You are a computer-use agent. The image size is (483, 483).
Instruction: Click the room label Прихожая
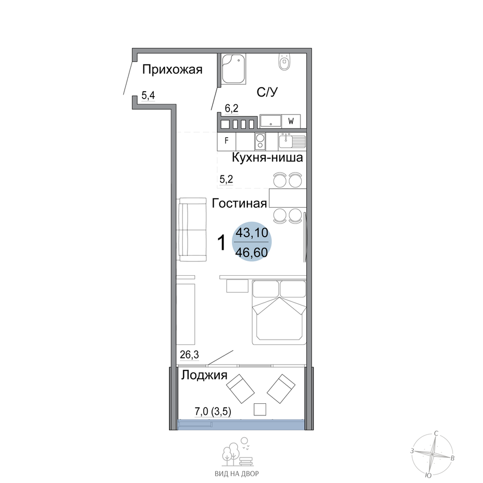pyautogui.click(x=172, y=70)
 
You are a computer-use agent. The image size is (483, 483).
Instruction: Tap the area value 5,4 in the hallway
pyautogui.click(x=148, y=96)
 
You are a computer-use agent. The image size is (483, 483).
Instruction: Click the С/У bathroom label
pyautogui.click(x=268, y=92)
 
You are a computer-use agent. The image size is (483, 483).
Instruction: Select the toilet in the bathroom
pyautogui.click(x=284, y=62)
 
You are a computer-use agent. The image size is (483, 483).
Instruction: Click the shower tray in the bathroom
pyautogui.click(x=233, y=69)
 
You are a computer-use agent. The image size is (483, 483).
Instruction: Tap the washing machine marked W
pyautogui.click(x=291, y=121)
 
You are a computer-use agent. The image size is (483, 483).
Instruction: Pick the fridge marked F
pyautogui.click(x=227, y=141)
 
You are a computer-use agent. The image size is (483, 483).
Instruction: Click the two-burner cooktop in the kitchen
pyautogui.click(x=260, y=141)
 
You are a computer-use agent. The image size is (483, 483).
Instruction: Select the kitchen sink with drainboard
pyautogui.click(x=292, y=142)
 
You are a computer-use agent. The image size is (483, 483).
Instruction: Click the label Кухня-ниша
pyautogui.click(x=267, y=158)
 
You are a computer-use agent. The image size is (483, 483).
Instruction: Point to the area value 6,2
pyautogui.click(x=231, y=108)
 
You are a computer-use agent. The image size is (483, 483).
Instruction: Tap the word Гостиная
pyautogui.click(x=239, y=203)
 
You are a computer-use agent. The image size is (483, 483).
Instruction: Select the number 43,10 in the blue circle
pyautogui.click(x=252, y=233)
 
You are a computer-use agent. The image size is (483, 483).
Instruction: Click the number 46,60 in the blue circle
pyautogui.click(x=251, y=253)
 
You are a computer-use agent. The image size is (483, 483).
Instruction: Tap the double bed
pyautogui.click(x=279, y=312)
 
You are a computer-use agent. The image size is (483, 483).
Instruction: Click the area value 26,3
pyautogui.click(x=189, y=355)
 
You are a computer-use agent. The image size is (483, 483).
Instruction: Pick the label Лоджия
pyautogui.click(x=204, y=375)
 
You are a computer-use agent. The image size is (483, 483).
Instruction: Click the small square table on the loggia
pyautogui.click(x=260, y=410)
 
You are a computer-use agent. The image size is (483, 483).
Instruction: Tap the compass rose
pyautogui.click(x=432, y=454)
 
